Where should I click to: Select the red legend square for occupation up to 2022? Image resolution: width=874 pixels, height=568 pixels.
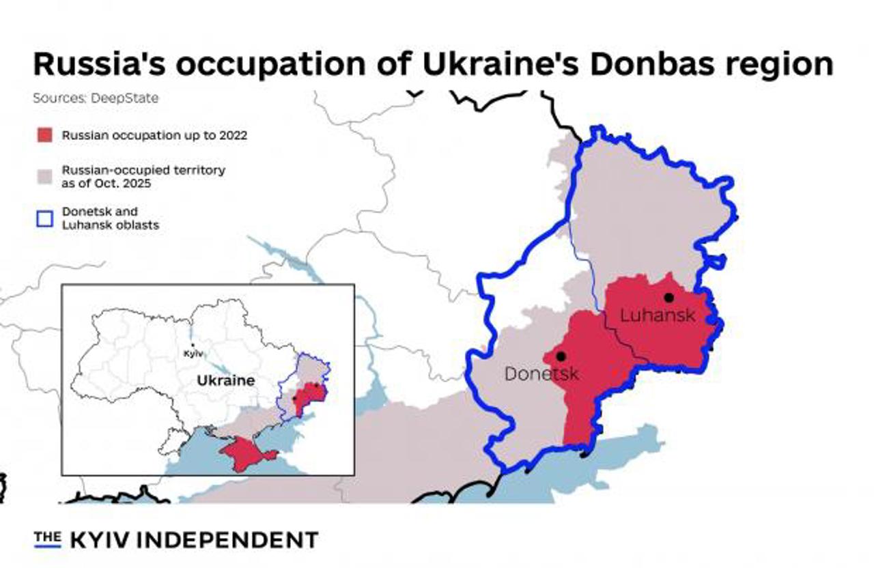(x=44, y=135)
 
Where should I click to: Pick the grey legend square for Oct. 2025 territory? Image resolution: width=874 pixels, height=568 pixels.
(x=44, y=176)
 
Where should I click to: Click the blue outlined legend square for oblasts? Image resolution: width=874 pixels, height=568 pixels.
(x=44, y=218)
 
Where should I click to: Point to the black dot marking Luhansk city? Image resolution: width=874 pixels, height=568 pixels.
(x=668, y=297)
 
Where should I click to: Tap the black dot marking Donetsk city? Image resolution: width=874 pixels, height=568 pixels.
(x=561, y=356)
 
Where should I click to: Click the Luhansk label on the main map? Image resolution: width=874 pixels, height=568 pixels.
(x=658, y=315)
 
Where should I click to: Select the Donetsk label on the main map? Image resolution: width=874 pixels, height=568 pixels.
(x=541, y=374)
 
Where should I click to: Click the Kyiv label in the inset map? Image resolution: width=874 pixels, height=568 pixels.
(x=193, y=354)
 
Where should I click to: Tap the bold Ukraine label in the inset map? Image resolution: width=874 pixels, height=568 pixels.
(x=225, y=380)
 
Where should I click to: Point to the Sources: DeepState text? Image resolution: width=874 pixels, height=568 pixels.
(x=96, y=98)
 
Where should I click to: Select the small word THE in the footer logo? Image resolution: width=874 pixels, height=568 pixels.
(x=47, y=537)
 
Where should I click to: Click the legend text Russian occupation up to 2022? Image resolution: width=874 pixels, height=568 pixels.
(x=154, y=135)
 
